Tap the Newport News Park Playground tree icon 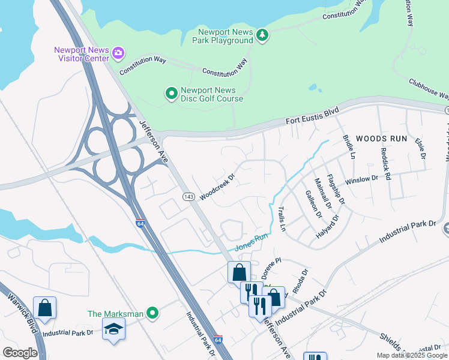262,36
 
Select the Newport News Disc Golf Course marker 171,93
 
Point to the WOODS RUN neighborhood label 381,139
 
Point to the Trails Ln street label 282,219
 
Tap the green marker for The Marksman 153,313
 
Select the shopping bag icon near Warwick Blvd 44,308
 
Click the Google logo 20,352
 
